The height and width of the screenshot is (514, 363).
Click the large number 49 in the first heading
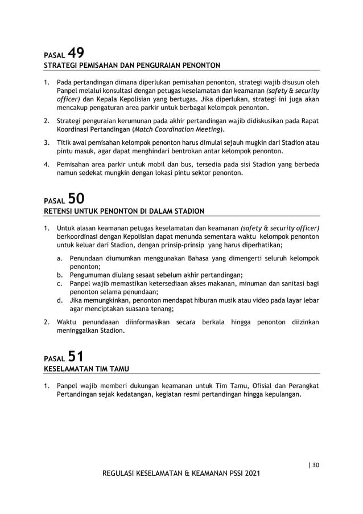point(77,53)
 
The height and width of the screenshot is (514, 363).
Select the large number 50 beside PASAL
point(77,199)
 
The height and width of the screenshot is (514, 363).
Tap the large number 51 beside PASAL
point(77,357)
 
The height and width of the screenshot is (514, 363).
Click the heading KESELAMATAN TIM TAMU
point(86,369)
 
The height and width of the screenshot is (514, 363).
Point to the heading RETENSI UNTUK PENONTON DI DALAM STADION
point(124,211)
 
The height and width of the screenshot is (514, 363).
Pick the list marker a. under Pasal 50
point(60,258)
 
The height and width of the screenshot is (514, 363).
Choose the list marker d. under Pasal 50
point(60,300)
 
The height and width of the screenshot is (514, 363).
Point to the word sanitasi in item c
point(294,283)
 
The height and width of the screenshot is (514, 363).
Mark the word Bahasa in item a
point(181,258)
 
